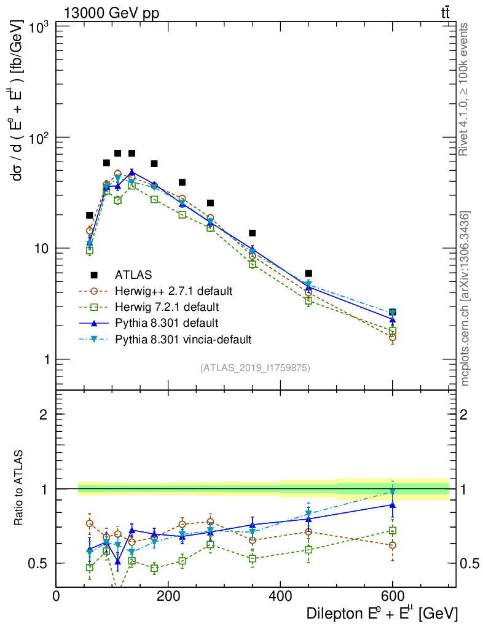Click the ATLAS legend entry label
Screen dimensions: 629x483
[x=133, y=275]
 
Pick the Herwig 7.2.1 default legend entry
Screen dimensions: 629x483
[x=167, y=307]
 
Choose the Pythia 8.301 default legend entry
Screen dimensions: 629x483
[x=166, y=322]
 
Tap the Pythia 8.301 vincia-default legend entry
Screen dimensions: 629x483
[x=183, y=338]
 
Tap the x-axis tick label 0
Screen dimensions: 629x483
[x=57, y=596]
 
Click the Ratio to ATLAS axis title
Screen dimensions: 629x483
[x=19, y=489]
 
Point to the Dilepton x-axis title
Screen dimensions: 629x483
[x=381, y=613]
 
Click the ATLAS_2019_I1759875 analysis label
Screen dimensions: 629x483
[x=255, y=368]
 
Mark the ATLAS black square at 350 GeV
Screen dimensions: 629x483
[x=252, y=233]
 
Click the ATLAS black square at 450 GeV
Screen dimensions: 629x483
[x=308, y=273]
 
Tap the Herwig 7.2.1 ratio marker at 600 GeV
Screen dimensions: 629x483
[x=393, y=530]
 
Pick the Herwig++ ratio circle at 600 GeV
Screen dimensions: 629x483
[x=393, y=545]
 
